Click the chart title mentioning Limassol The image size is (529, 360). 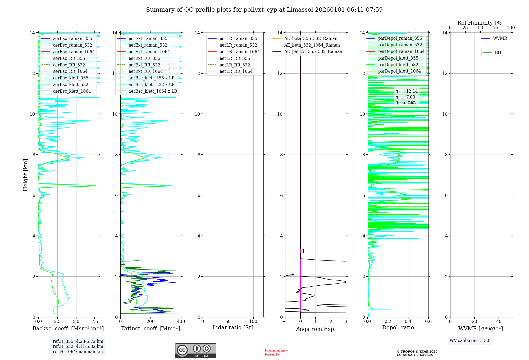coord(264,10)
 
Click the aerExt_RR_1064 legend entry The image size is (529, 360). coord(145,71)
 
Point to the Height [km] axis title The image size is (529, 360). coord(25,175)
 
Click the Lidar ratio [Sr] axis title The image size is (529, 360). coord(233,327)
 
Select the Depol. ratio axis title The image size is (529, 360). coord(398,327)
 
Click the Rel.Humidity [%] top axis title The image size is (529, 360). coord(480,23)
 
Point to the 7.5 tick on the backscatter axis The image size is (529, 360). coord(95,322)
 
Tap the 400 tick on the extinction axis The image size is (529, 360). coord(181,322)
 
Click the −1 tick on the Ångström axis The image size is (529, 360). coord(285,322)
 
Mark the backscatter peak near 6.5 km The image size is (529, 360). coord(95,186)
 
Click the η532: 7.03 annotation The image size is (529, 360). coord(405,97)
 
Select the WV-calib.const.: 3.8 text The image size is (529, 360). coord(470,341)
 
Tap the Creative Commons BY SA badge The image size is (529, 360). coord(195,351)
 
